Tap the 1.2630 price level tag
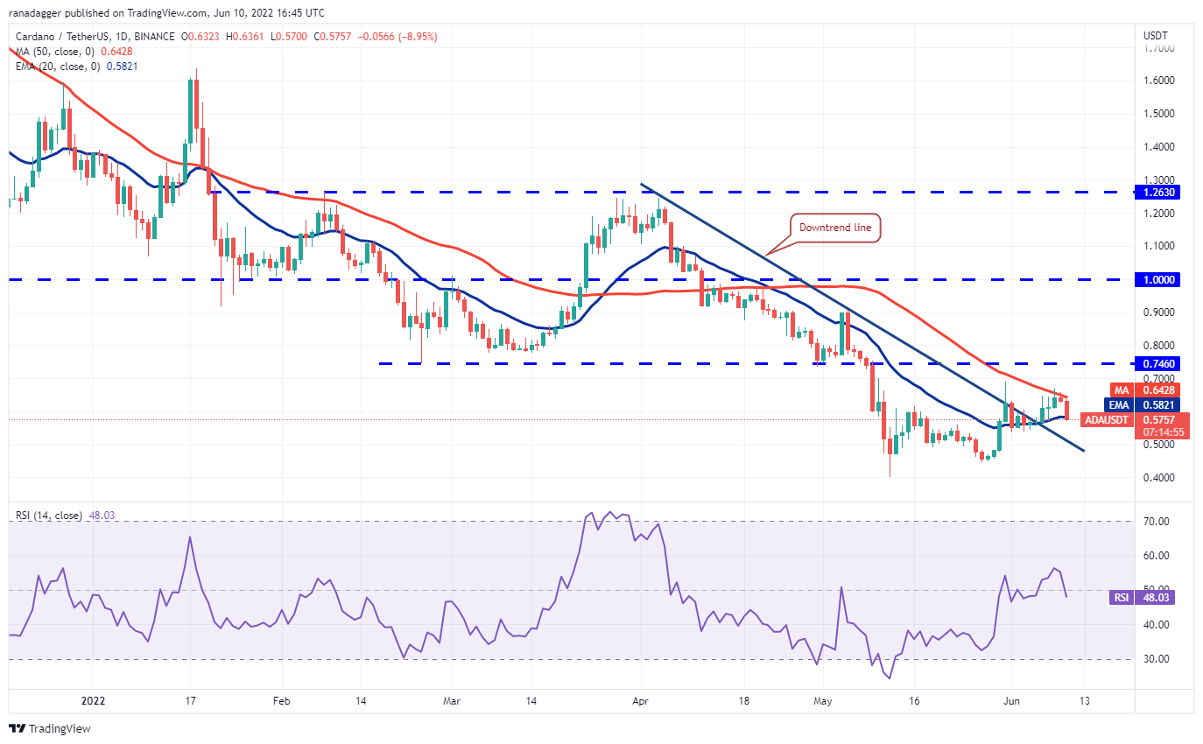pos(1163,192)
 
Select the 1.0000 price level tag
pos(1163,280)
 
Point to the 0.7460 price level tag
pos(1163,363)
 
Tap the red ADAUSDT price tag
pos(1108,419)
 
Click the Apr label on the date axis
pos(641,701)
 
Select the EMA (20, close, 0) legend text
pos(61,67)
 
